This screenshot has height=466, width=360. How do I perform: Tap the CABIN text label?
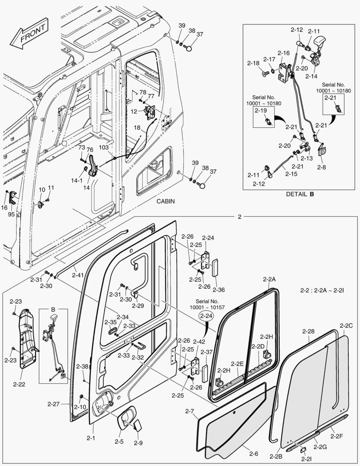166,202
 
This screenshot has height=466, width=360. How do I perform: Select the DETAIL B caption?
300,194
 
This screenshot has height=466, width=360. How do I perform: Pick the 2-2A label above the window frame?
269,280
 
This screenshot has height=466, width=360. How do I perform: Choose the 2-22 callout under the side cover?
19,384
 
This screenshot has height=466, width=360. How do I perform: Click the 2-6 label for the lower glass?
254,453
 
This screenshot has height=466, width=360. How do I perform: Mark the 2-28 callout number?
308,331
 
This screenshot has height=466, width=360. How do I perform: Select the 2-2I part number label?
305,460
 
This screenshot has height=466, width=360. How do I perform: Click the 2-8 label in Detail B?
322,167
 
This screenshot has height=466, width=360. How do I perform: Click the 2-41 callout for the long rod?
78,275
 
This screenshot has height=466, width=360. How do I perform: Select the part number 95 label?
11,214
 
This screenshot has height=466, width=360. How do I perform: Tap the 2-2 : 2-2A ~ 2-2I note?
322,291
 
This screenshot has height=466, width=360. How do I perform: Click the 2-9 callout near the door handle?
138,443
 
